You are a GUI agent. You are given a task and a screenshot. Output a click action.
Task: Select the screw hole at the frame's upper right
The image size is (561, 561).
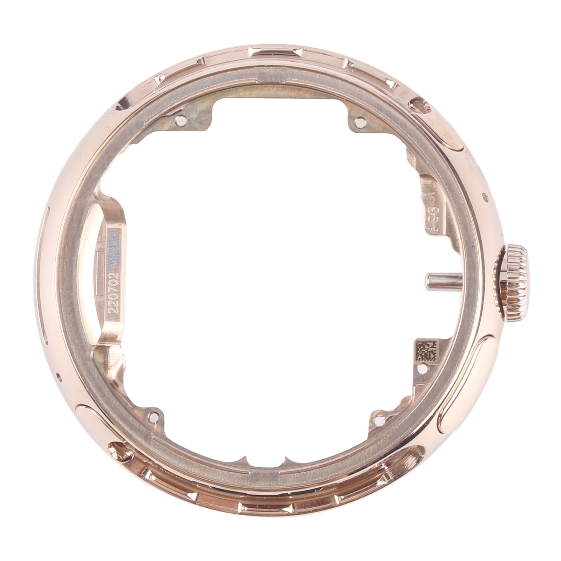click(x=359, y=122)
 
